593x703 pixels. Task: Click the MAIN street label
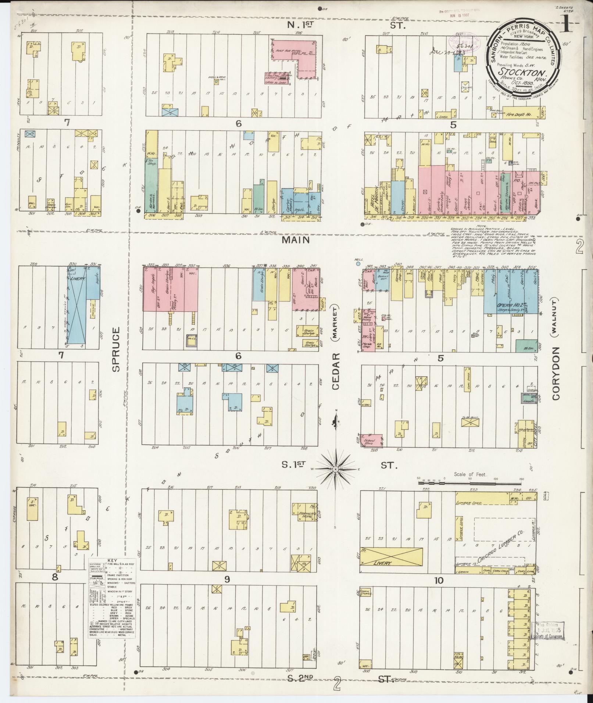tap(301, 240)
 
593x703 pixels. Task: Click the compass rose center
tap(336, 470)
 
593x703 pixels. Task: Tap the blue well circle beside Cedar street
tap(356, 263)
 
